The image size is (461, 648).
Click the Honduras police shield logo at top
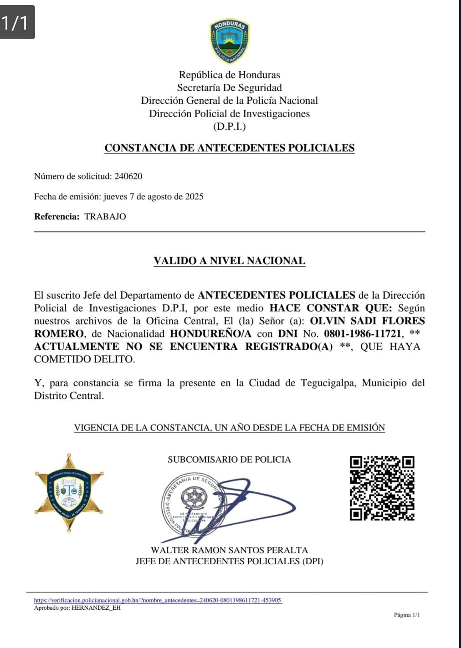coord(230,41)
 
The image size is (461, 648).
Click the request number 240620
coord(128,176)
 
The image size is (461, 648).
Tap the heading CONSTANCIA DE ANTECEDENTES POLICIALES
coord(230,148)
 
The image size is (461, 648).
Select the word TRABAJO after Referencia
coord(105,217)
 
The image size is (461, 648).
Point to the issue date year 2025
coord(194,197)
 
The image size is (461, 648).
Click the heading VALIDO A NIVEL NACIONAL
coord(230,261)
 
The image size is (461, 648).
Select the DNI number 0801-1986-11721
coord(363,334)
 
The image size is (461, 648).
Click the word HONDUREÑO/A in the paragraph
coord(210,334)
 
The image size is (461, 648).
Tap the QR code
coord(382,488)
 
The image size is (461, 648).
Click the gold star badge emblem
coord(69,492)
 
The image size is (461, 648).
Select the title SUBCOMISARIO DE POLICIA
coord(229,459)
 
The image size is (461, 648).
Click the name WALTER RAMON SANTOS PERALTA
coord(230,550)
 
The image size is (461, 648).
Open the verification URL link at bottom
coord(158,600)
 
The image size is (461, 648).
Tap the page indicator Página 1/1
coord(407,615)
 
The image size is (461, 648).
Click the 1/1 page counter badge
coord(17,22)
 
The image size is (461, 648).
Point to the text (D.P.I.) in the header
coord(230,127)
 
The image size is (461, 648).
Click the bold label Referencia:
coord(57,217)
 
